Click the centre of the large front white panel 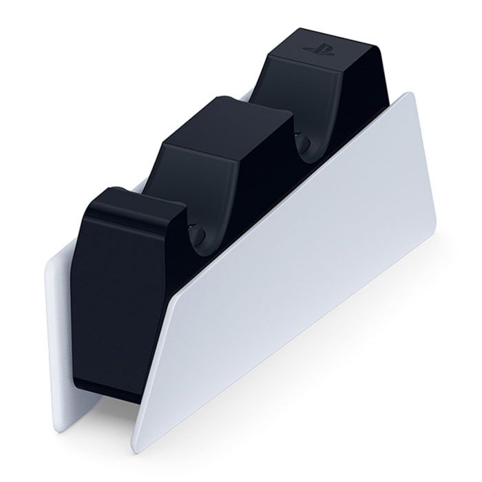[296, 289]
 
